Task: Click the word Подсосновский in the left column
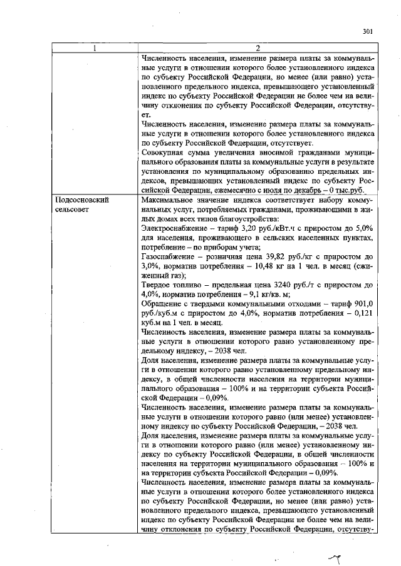pos(79,200)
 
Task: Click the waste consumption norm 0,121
pos(365,313)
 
